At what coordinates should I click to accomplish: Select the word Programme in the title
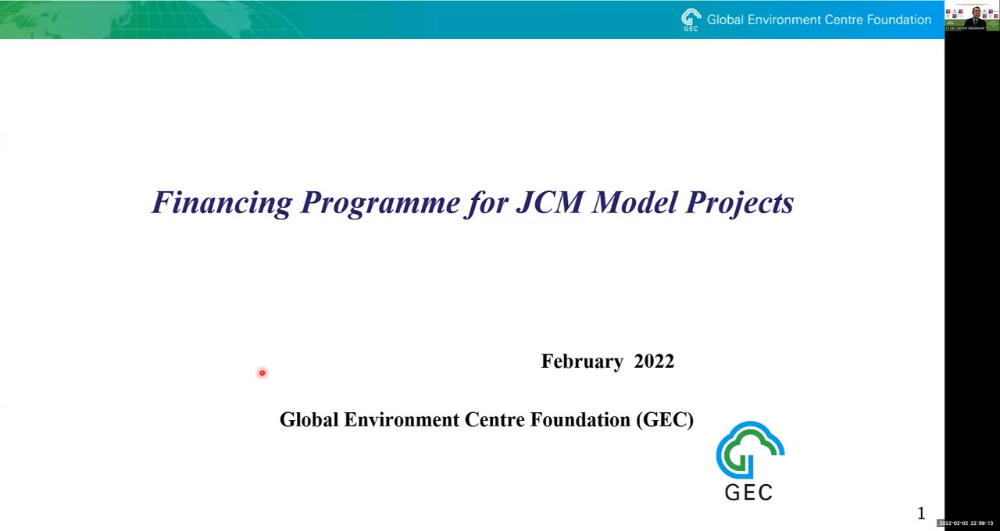pos(380,203)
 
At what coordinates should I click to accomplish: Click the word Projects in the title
pos(740,203)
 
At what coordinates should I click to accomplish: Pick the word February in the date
pos(582,362)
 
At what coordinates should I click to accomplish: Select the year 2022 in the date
pos(654,362)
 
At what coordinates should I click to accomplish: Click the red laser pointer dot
pos(262,373)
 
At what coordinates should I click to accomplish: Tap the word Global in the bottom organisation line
pos(309,420)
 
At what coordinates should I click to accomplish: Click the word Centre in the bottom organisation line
pos(495,420)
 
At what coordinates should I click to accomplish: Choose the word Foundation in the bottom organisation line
pos(580,420)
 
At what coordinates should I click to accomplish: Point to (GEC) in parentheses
pos(665,420)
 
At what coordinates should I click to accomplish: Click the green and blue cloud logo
pos(750,450)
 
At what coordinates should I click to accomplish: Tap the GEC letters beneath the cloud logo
pos(748,492)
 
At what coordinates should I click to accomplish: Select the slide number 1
pos(921,514)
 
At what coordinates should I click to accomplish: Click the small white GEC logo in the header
pos(691,20)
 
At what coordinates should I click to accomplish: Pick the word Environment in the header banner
pos(783,20)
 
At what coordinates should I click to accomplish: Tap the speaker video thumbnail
pos(972,16)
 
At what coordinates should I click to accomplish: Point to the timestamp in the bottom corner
pos(966,523)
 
